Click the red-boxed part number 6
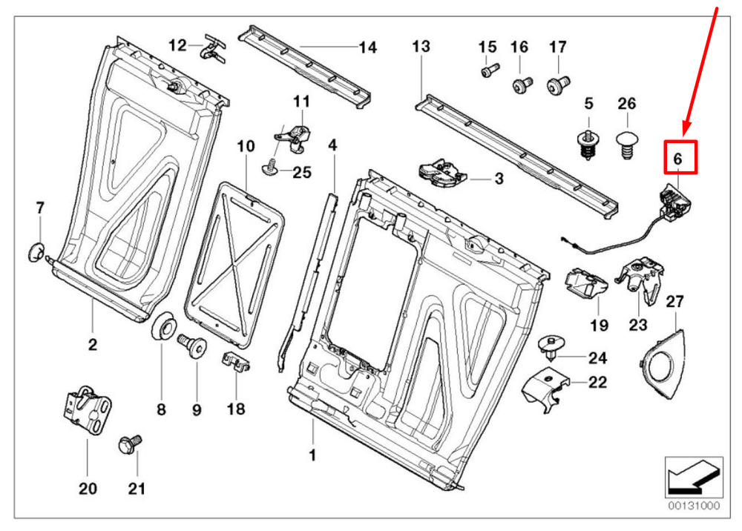point(677,158)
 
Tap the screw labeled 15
point(487,72)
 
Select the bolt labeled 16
point(519,85)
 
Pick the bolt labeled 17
point(557,85)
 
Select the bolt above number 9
point(194,346)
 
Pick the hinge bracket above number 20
point(88,410)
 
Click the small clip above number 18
point(237,363)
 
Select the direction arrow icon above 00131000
point(691,477)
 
